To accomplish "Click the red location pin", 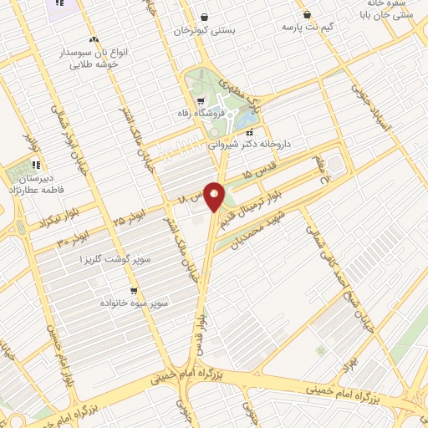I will pos(215,199).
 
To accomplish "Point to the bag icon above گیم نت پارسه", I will pos(308,14).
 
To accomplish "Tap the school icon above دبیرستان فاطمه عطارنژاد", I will pos(36,165).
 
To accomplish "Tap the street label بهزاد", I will pos(350,362).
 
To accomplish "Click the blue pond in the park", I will pos(248,122).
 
